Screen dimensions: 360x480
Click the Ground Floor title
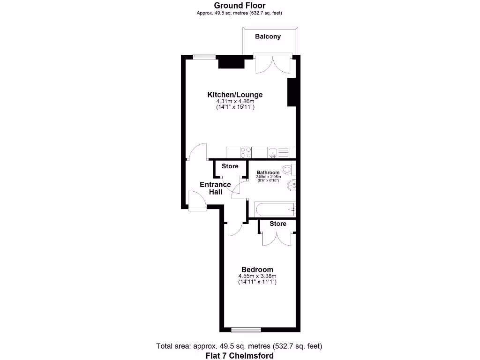(240, 5)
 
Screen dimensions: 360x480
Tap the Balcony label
(268, 36)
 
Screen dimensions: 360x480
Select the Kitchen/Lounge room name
(235, 95)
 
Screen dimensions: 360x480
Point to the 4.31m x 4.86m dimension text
(235, 101)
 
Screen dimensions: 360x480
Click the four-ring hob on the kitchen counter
(245, 152)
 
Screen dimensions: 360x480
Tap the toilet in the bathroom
(287, 169)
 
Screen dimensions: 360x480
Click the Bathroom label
(268, 172)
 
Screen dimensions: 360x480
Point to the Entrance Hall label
(215, 188)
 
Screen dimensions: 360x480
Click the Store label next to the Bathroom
(230, 166)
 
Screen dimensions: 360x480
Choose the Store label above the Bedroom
(277, 224)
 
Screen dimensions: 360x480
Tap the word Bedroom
(257, 270)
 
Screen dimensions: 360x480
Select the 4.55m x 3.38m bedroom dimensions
(257, 276)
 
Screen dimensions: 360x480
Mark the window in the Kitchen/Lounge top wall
(204, 57)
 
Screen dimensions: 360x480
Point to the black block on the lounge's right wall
(291, 92)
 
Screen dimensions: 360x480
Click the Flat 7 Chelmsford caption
(240, 355)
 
